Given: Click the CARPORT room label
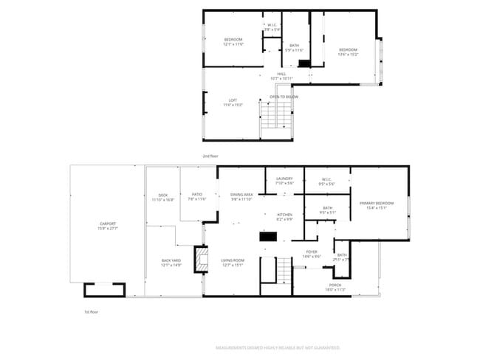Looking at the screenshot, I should coord(108,224).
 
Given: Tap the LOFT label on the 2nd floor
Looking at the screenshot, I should coord(233,100).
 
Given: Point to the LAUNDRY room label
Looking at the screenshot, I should coord(284,179).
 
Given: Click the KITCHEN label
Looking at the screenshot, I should coord(284,215).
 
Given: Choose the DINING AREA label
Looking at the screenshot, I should coord(242,195).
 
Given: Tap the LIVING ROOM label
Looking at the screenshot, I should coord(233,260).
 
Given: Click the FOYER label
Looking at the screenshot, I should coord(312,252).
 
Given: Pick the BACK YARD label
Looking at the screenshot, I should coord(171,260).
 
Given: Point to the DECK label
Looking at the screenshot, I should coord(163,195).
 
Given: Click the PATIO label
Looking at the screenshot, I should coord(196,195).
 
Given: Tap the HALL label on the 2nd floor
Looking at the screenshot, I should coord(281,74).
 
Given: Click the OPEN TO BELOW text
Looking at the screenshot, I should coord(284,97).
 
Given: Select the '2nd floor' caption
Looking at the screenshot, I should coord(210,156).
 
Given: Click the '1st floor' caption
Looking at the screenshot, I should coord(91,312).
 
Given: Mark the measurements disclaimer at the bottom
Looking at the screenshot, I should coord(277,346).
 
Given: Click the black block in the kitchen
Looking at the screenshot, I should coord(267,237).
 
